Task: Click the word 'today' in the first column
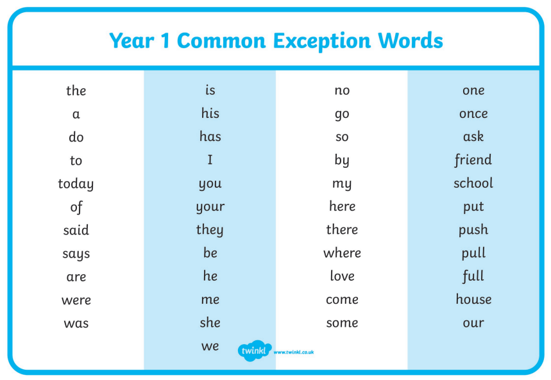(76, 184)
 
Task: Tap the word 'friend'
(473, 160)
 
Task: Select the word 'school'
(473, 183)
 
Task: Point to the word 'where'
(342, 253)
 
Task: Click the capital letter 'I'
(210, 160)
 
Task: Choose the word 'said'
(76, 230)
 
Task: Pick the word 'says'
(76, 254)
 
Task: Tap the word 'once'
(473, 114)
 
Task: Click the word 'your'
(210, 207)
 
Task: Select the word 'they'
(210, 230)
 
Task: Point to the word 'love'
(342, 276)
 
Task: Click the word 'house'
(473, 299)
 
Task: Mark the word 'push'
(473, 230)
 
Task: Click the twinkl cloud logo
(255, 351)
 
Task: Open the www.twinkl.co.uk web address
(293, 352)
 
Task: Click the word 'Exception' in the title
(321, 41)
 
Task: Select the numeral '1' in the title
(165, 40)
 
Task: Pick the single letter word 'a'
(76, 115)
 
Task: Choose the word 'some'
(342, 323)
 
